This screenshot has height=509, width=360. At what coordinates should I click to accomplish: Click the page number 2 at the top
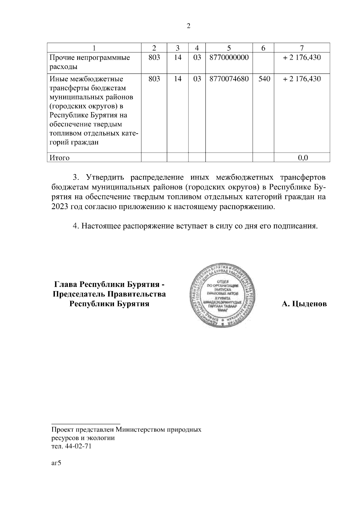pos(188,26)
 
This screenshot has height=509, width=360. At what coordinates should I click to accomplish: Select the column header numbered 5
pos(229,48)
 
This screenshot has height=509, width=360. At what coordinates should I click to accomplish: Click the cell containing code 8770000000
pos(229,58)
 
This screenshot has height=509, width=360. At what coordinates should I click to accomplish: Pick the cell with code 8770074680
pos(229,79)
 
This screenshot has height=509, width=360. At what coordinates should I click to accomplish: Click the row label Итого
pos(60,158)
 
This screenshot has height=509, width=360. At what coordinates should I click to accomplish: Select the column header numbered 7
pos(302,48)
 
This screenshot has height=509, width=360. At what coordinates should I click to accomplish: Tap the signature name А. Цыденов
pos(304,304)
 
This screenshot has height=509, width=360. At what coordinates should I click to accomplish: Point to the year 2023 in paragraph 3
pos(60,207)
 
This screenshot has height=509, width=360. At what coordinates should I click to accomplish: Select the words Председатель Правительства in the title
pos(109,294)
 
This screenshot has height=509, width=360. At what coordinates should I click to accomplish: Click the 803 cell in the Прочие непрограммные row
pos(154,58)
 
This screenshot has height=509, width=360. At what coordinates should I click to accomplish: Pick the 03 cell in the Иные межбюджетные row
pos(197,79)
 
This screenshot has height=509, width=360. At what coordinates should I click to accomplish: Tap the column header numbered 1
pos(94,48)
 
